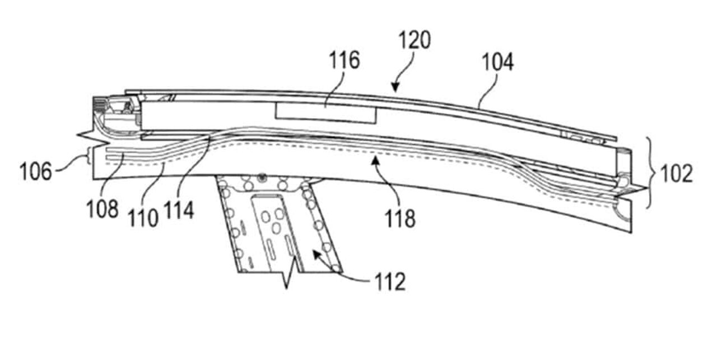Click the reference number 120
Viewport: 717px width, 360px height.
(415, 40)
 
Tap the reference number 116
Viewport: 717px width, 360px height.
(344, 60)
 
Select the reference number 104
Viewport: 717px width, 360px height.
(498, 62)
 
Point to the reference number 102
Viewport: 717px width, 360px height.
(677, 174)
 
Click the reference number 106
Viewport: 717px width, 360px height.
(35, 171)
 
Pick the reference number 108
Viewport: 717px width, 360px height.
(103, 209)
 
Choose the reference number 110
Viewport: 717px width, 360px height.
(143, 218)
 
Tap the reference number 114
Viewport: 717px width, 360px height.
(179, 211)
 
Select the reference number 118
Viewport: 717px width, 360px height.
(400, 218)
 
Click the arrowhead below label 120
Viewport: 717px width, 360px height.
(395, 87)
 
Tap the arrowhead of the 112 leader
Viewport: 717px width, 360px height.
(317, 255)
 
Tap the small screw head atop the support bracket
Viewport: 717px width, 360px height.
(263, 176)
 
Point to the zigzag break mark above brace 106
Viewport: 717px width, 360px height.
(92, 138)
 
